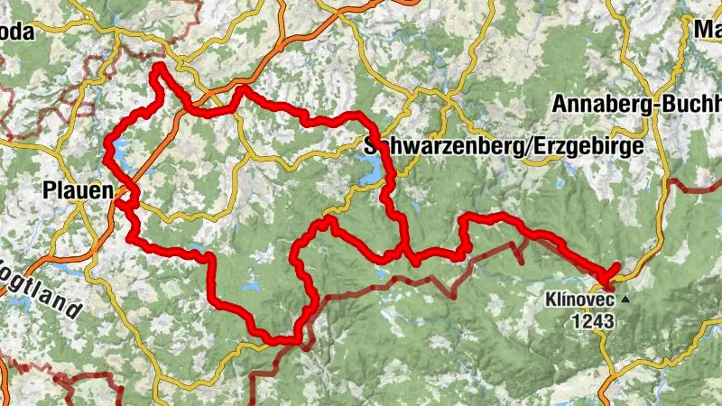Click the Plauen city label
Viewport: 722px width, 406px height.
(79, 191)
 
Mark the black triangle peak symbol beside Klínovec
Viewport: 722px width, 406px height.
(625, 298)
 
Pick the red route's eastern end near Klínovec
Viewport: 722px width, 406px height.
(617, 266)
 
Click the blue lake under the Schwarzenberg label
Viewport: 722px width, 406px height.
(371, 166)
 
